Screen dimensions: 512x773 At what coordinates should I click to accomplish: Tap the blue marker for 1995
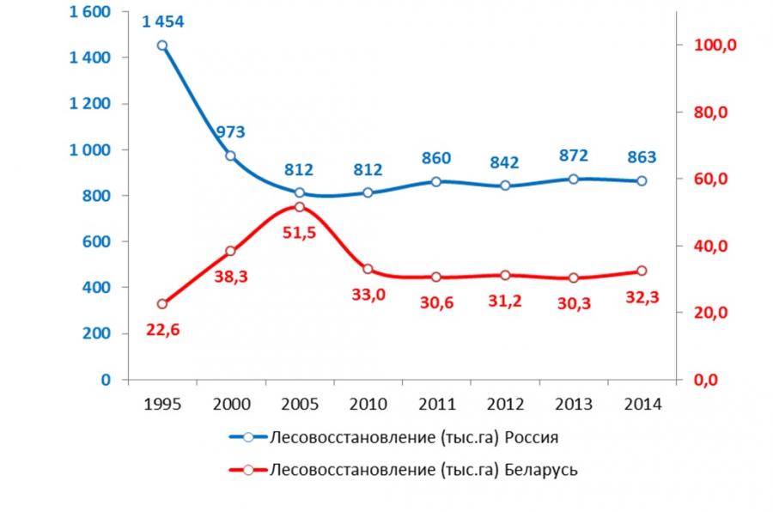[162, 46]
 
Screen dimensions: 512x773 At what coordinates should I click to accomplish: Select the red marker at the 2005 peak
[300, 207]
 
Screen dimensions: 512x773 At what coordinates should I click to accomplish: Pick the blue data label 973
[231, 132]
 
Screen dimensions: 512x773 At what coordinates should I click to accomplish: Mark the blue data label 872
[573, 156]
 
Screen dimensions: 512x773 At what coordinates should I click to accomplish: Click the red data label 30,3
[573, 303]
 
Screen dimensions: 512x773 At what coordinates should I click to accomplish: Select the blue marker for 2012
[505, 186]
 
